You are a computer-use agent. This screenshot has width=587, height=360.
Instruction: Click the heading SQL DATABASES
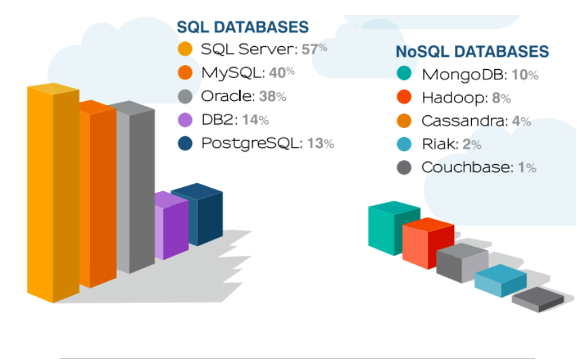(242, 27)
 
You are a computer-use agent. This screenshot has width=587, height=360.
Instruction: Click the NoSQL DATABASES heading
(472, 52)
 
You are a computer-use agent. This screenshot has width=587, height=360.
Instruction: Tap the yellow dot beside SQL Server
(185, 49)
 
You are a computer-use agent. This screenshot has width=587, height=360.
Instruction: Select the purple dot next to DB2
(185, 120)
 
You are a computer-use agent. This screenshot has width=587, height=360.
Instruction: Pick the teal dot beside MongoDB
(405, 74)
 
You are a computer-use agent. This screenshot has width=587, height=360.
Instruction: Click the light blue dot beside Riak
(405, 144)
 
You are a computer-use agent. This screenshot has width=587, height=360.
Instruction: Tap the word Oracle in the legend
(226, 96)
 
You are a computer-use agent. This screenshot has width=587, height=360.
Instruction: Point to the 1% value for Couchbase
(527, 167)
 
